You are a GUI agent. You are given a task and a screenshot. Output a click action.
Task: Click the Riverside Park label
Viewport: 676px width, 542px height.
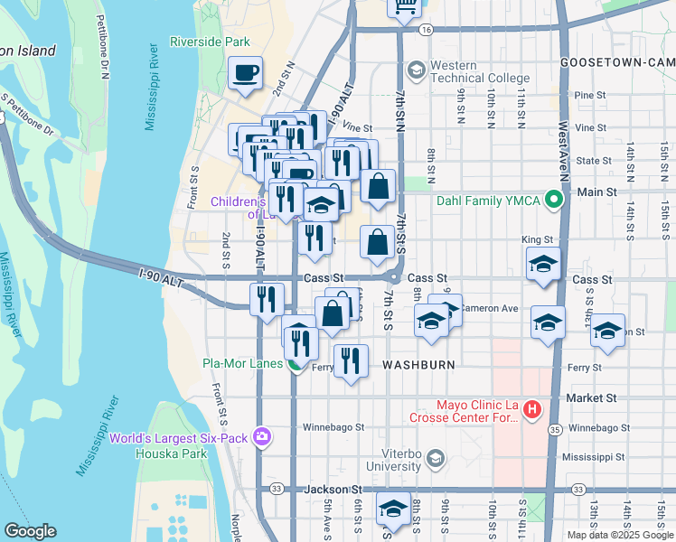click(x=210, y=42)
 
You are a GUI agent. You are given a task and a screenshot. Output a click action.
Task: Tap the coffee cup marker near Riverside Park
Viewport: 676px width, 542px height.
click(x=245, y=73)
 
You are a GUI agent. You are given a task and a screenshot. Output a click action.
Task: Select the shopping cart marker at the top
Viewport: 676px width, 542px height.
click(x=406, y=6)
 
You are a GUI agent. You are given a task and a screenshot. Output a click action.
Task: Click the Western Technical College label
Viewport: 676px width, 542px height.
click(x=479, y=71)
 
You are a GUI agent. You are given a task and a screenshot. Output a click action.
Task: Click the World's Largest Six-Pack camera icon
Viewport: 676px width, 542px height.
click(x=262, y=438)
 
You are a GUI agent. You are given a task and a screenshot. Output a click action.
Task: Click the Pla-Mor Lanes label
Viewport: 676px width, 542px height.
click(x=242, y=365)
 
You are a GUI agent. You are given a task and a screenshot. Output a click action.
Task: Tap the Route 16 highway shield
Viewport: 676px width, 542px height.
click(x=425, y=29)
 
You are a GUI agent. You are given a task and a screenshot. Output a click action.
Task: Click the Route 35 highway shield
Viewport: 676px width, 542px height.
click(x=555, y=430)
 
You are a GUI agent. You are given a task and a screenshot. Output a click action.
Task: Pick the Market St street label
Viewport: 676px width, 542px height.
click(x=590, y=397)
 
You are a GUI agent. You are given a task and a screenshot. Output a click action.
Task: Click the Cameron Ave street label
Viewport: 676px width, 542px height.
click(x=489, y=308)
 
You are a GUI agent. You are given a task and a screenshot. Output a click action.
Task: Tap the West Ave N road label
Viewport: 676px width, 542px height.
click(x=561, y=154)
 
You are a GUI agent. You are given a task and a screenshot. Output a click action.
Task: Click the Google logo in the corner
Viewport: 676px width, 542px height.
click(x=30, y=531)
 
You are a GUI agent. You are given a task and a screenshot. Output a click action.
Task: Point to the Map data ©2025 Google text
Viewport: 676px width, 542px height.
click(x=619, y=535)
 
